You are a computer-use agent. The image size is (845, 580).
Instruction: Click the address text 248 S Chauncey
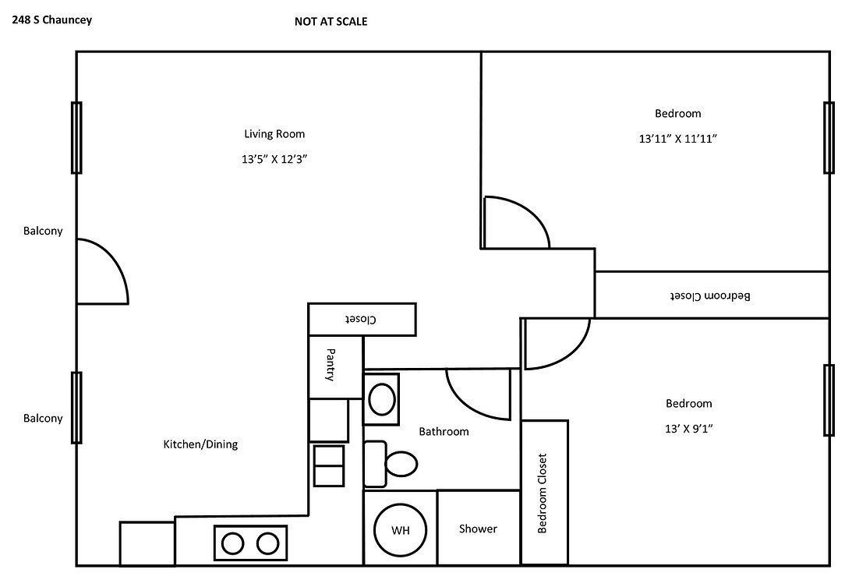51,19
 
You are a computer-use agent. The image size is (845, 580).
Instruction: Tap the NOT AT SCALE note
331,22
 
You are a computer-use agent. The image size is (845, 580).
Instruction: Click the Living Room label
274,134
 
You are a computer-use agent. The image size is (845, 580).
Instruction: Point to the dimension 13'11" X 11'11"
677,139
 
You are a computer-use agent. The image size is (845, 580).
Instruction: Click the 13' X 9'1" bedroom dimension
688,428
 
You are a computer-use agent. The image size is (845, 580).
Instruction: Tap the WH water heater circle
401,531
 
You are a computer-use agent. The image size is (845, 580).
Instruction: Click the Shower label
478,529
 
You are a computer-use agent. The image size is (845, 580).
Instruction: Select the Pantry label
331,365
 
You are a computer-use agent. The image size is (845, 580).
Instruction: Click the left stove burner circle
232,543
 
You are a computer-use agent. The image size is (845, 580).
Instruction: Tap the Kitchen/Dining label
200,444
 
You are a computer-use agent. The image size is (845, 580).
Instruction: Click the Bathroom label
444,431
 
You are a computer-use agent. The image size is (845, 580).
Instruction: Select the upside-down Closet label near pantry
362,320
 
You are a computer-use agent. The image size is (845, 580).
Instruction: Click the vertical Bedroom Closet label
543,493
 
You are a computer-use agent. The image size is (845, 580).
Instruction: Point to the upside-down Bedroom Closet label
711,295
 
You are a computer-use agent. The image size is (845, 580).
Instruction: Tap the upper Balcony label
43,231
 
